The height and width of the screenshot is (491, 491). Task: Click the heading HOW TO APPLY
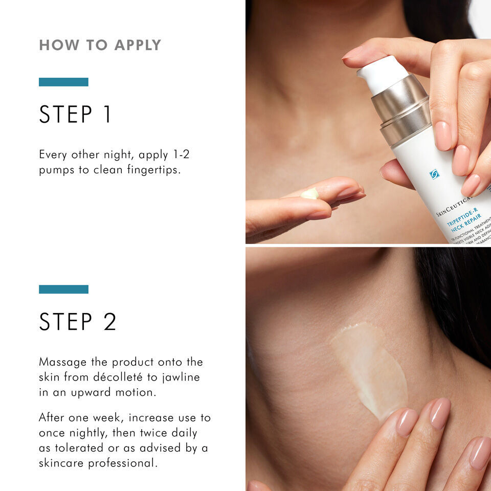(x=100, y=45)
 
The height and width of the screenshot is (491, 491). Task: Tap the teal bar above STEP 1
(x=63, y=82)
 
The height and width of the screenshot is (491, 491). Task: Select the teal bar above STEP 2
(x=63, y=289)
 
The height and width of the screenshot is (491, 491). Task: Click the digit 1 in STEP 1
(x=106, y=115)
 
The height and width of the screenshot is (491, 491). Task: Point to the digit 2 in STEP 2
(x=108, y=322)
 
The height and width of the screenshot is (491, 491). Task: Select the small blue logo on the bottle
(x=434, y=174)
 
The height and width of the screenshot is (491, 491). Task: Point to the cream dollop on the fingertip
(x=309, y=194)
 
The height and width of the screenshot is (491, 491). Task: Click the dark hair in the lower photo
(x=455, y=297)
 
